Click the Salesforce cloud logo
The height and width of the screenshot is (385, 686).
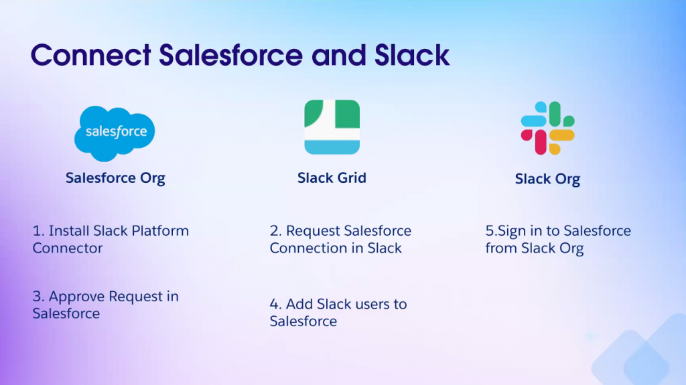click(115, 133)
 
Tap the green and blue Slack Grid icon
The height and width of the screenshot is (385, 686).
click(332, 127)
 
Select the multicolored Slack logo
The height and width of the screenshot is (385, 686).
click(547, 129)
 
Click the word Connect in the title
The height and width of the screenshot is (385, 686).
click(90, 55)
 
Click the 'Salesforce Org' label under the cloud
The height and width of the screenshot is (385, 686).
click(115, 178)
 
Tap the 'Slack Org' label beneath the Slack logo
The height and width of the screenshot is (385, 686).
click(547, 179)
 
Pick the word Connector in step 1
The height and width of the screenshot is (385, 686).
click(68, 248)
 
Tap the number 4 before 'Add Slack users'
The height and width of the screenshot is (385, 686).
click(274, 305)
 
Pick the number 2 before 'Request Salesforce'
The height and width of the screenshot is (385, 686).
click(274, 231)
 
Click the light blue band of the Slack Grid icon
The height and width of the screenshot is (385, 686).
click(332, 146)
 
